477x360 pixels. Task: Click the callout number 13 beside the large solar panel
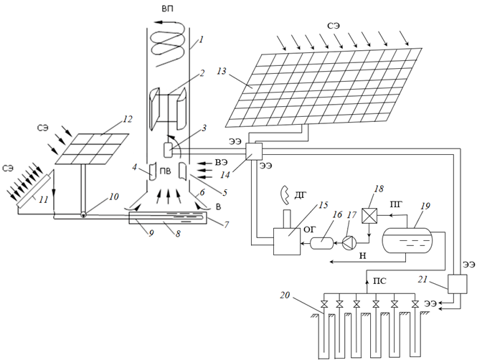coord(222,71)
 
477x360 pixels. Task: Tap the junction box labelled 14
coord(254,151)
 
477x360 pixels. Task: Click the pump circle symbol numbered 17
coord(349,242)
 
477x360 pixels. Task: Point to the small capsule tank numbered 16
coord(321,243)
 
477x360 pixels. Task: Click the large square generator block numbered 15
coord(287,242)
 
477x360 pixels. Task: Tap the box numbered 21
coord(457,284)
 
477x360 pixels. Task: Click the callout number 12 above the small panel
coord(128,119)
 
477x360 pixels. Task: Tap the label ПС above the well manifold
coord(379,280)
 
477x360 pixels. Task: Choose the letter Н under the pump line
coord(363,256)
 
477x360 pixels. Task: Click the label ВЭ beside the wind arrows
coord(222,163)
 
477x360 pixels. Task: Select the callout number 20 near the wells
coord(285,295)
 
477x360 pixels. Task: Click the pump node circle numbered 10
coord(83,214)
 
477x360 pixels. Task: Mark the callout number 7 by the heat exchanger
coord(226,224)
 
